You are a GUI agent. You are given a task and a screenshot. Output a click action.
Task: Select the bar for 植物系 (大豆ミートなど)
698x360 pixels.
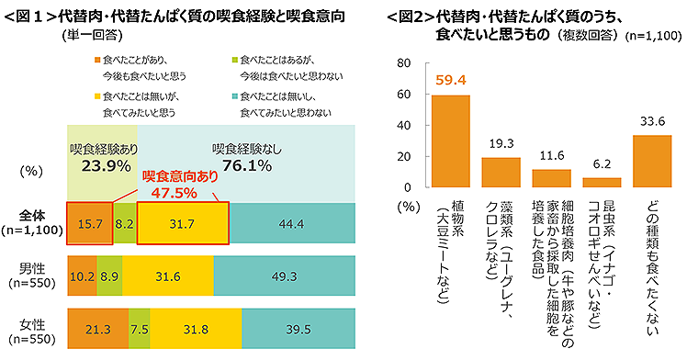pos(451,141)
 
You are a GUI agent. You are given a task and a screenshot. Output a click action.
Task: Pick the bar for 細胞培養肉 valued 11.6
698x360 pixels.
pos(551,178)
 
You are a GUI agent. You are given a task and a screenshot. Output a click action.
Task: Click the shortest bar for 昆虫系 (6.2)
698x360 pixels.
pos(602,183)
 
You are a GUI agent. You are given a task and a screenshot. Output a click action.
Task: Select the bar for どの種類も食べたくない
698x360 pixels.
pos(652,162)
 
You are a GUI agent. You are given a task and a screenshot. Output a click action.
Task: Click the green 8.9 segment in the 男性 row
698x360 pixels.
pos(108,274)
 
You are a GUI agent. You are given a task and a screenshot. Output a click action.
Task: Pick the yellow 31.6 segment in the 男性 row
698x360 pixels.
pos(168,274)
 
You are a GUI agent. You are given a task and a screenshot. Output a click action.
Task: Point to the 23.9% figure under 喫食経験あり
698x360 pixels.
pos(99,165)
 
